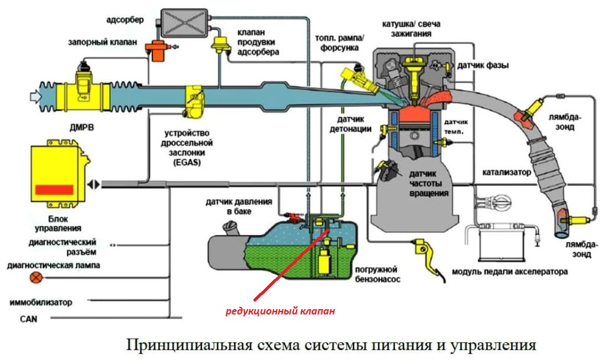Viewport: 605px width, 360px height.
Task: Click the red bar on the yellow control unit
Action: pos(54,189)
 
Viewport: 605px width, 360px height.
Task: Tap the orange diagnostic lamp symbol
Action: pos(37,277)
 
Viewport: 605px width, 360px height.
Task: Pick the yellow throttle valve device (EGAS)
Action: pos(193,102)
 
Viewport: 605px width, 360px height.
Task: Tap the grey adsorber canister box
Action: pos(184,23)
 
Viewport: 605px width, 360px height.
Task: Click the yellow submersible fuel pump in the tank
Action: pos(324,261)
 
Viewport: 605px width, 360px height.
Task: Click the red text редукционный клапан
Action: pos(280,311)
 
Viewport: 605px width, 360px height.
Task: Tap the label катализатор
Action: pos(506,173)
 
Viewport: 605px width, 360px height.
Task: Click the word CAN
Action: pos(28,319)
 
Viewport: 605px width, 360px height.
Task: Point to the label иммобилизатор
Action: pos(41,303)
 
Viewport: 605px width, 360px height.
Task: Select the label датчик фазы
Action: pos(483,66)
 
